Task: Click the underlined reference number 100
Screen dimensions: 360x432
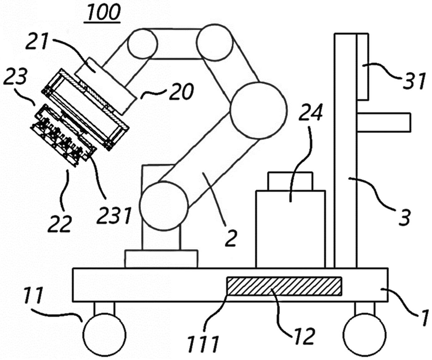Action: tap(103, 13)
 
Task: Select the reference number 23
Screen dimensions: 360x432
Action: tap(15, 76)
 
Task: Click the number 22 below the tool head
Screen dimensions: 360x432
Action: tap(60, 224)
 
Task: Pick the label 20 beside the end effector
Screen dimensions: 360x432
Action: tap(181, 91)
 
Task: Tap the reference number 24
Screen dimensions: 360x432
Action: tap(310, 113)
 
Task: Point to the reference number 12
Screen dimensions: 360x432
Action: tap(304, 336)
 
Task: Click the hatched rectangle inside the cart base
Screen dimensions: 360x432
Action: tap(284, 286)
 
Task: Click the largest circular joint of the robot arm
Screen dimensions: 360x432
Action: tap(258, 110)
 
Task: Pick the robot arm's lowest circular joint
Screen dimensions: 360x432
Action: tap(164, 206)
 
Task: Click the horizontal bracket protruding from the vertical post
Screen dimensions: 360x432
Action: tap(384, 122)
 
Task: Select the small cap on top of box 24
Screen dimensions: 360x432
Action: tap(290, 181)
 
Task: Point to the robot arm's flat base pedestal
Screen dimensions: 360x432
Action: tap(161, 259)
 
